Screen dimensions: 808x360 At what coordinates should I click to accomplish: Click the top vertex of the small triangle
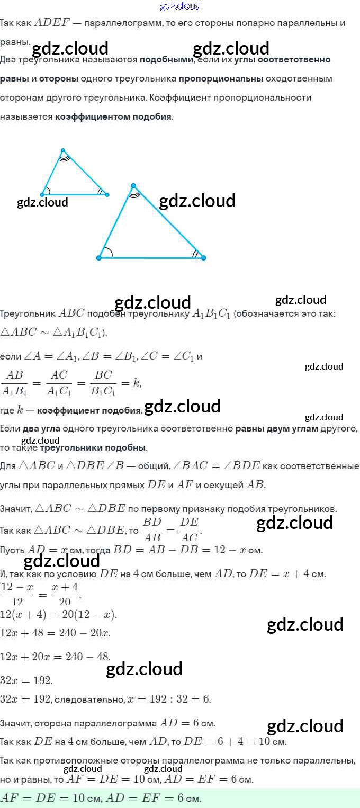click(x=63, y=150)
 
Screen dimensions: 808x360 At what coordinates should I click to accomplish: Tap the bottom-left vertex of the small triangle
click(x=42, y=195)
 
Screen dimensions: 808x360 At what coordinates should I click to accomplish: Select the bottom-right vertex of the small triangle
click(x=107, y=195)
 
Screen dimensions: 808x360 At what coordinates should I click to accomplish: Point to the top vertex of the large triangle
click(x=133, y=186)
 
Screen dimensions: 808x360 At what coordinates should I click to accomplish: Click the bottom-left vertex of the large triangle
click(x=99, y=258)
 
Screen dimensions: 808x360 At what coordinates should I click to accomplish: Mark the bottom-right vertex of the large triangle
click(x=203, y=258)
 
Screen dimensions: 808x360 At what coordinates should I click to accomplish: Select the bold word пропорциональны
click(x=221, y=79)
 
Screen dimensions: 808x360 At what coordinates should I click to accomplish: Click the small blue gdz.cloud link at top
click(x=180, y=6)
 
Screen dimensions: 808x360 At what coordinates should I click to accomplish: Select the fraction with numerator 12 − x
click(x=17, y=594)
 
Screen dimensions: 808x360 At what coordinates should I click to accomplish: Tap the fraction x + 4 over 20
click(x=65, y=594)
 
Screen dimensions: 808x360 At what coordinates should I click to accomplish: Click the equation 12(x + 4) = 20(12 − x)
click(x=58, y=615)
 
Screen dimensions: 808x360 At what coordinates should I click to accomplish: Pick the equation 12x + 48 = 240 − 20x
click(x=55, y=633)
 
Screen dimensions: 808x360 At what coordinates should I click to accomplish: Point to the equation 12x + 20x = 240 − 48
click(x=55, y=657)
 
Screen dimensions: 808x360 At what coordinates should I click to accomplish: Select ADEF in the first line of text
click(x=51, y=23)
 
